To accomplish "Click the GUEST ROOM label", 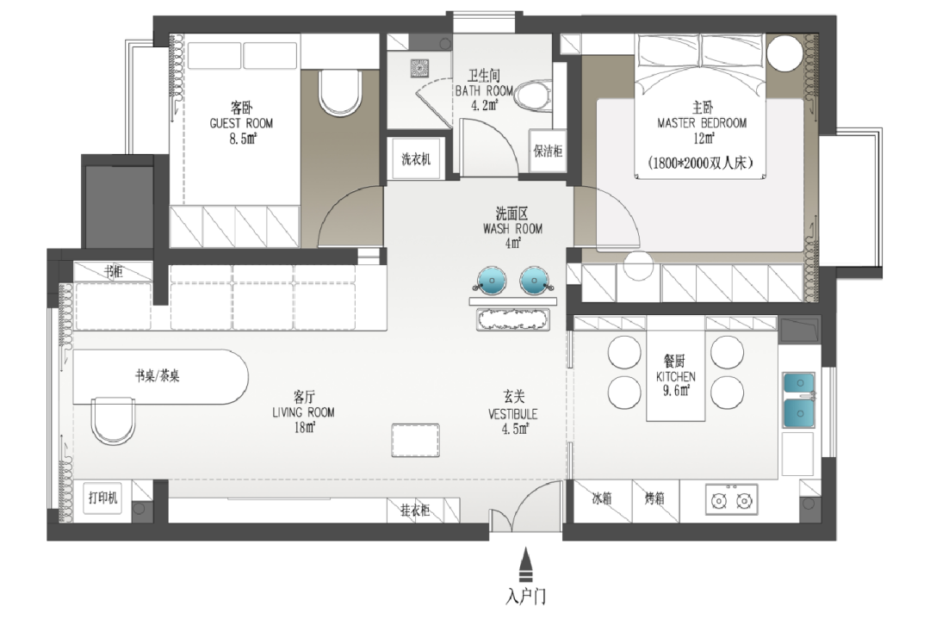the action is click(241, 123).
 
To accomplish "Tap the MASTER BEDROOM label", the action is click(702, 123).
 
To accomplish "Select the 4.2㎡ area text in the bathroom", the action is click(484, 106).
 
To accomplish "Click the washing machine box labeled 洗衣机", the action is click(416, 159).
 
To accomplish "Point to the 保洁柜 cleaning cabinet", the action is click(547, 152).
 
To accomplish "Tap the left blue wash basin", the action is click(492, 280).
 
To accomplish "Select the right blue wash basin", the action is click(535, 280).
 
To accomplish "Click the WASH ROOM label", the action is click(512, 229).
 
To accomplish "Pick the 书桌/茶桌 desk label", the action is click(158, 375).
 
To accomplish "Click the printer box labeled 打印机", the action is click(103, 497).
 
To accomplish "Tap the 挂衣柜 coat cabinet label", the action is click(414, 510).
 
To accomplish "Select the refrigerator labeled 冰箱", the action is click(601, 501).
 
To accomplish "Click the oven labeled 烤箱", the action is click(655, 501).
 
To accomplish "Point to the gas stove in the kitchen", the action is click(731, 500).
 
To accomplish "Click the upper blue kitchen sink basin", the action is click(799, 383).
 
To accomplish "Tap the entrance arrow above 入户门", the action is click(525, 565).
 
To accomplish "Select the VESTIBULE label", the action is click(513, 414).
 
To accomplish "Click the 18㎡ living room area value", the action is click(304, 427).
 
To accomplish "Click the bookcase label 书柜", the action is click(114, 271).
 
